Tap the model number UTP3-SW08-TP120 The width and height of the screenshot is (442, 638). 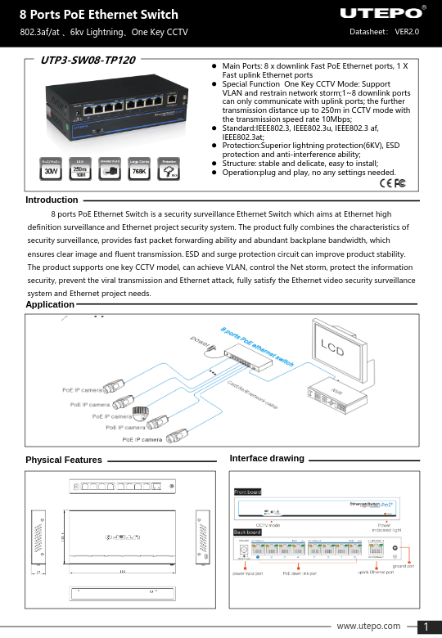tap(88, 60)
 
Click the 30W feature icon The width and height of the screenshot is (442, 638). tap(52, 170)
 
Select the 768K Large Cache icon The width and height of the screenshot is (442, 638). tap(139, 170)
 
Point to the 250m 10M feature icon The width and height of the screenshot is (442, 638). tap(80, 170)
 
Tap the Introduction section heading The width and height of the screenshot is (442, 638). tap(52, 200)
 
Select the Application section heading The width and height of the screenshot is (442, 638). tap(50, 303)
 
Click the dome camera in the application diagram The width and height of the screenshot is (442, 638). tap(141, 412)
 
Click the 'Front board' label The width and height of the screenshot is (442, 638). tap(247, 492)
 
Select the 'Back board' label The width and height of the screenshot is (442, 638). tap(247, 532)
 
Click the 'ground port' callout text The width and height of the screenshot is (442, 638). tap(404, 565)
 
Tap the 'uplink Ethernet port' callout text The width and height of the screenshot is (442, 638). tap(365, 573)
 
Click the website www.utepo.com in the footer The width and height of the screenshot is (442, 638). tap(368, 626)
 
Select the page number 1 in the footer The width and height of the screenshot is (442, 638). tap(426, 627)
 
